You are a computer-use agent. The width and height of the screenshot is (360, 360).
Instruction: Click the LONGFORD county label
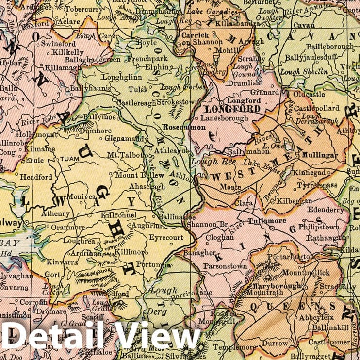point(233,109)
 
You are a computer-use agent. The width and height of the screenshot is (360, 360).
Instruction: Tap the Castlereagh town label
point(137,103)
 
